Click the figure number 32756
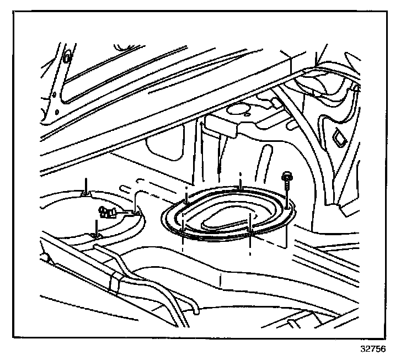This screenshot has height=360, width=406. pyautogui.click(x=372, y=350)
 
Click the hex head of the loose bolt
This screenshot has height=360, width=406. pyautogui.click(x=287, y=177)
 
